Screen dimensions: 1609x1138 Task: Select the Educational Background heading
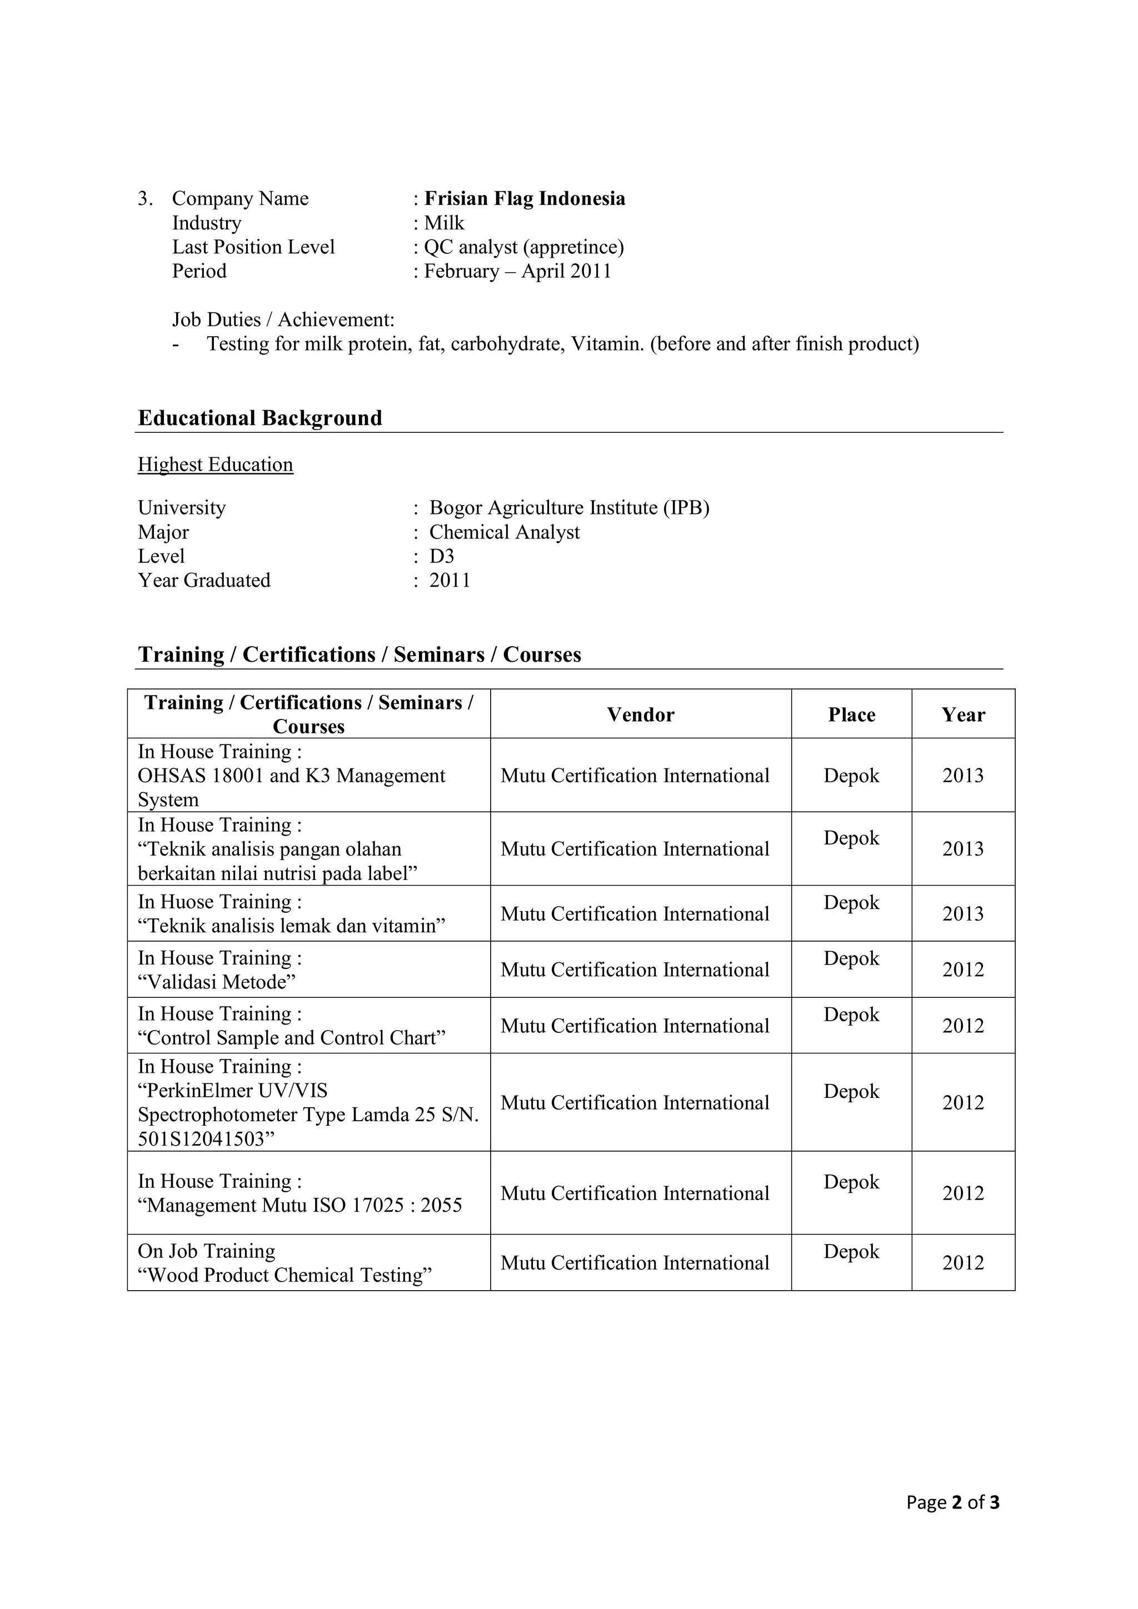click(x=260, y=418)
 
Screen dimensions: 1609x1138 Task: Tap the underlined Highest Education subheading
click(x=215, y=464)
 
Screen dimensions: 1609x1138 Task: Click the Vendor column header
click(x=641, y=715)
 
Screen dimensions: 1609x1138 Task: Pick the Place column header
click(x=851, y=715)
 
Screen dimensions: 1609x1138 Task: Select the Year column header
click(x=963, y=715)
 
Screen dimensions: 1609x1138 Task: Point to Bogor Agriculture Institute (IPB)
click(x=569, y=507)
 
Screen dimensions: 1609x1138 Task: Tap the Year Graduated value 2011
click(x=450, y=580)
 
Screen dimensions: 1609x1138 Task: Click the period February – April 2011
click(x=517, y=271)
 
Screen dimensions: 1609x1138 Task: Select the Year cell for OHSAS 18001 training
click(x=963, y=776)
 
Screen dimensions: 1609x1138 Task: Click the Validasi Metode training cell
click(x=217, y=982)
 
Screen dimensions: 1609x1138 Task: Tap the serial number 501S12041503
click(x=201, y=1139)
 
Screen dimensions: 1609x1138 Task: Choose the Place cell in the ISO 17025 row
click(x=851, y=1182)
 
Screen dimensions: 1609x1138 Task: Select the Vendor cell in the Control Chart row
click(x=635, y=1026)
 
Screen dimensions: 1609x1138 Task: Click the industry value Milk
click(x=445, y=223)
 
